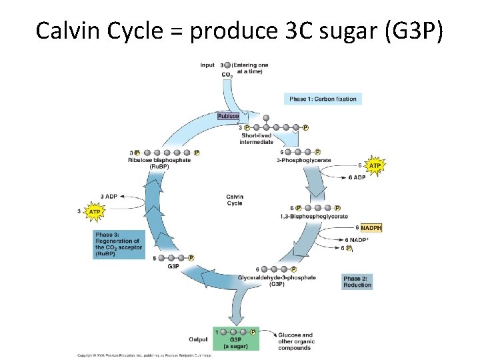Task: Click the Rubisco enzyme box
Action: [x=228, y=116]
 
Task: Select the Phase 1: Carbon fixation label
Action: [x=323, y=99]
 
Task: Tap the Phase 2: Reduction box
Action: [x=357, y=281]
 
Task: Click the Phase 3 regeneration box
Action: [x=117, y=244]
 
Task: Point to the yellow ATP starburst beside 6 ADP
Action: [x=375, y=165]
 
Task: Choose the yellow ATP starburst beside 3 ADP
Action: [x=95, y=211]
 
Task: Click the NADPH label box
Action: [x=371, y=228]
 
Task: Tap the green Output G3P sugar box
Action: [x=236, y=339]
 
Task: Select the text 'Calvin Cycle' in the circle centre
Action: [x=235, y=200]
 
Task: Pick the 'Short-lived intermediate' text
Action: [x=257, y=139]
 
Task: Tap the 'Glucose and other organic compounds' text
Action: [x=296, y=341]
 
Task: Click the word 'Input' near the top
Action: [x=207, y=65]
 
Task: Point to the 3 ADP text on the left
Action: [x=109, y=196]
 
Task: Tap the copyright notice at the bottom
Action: [x=144, y=355]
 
